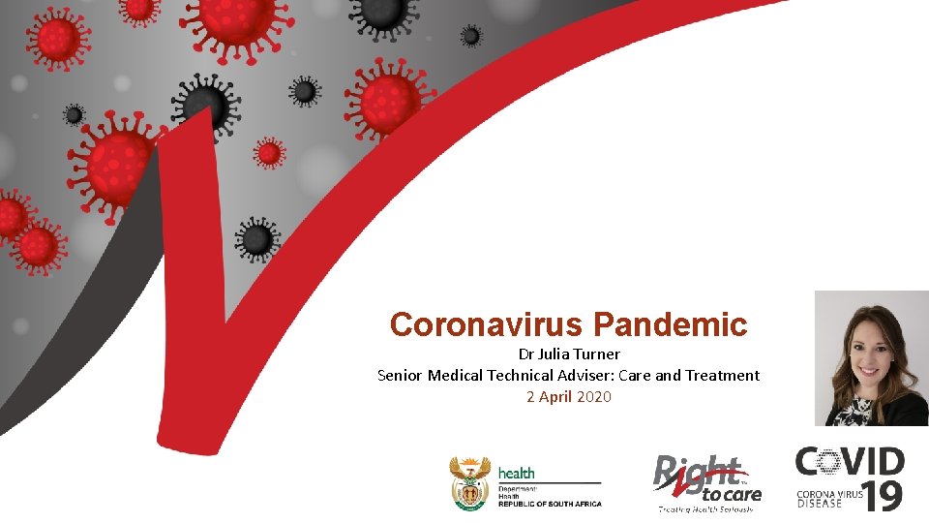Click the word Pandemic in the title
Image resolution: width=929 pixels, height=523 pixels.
pyautogui.click(x=672, y=324)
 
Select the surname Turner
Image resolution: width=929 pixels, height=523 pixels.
pyautogui.click(x=601, y=354)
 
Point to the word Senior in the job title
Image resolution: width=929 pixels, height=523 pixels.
pyautogui.click(x=400, y=375)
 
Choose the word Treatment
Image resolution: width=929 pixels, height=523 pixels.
pyautogui.click(x=722, y=375)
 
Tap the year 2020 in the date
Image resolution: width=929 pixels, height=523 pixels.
pyautogui.click(x=593, y=396)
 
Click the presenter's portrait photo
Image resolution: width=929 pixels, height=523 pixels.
pyautogui.click(x=871, y=358)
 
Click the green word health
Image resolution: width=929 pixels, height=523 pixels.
pyautogui.click(x=516, y=474)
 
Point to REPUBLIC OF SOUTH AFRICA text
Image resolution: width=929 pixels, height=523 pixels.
pyautogui.click(x=550, y=504)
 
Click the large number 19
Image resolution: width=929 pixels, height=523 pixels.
pyautogui.click(x=882, y=495)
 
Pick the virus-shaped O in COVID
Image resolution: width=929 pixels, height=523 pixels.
pyautogui.click(x=829, y=462)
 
